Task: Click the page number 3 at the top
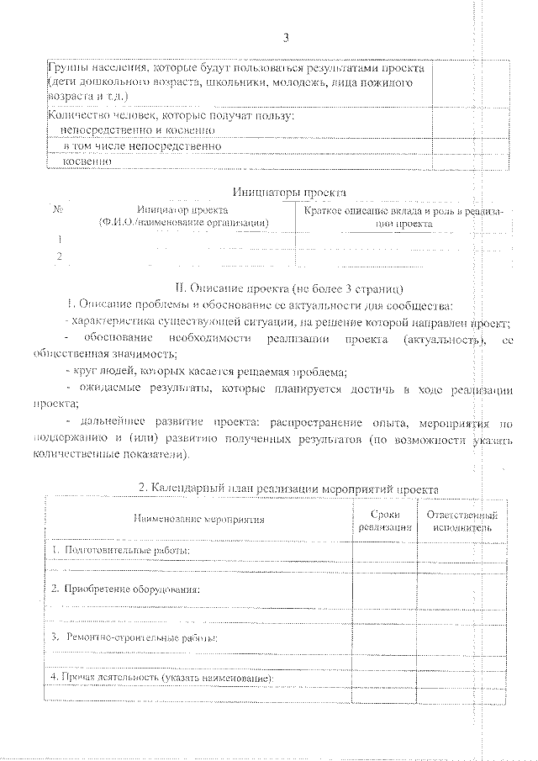[287, 38]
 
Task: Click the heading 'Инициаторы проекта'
[288, 193]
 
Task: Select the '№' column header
[59, 210]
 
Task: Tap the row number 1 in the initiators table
[59, 239]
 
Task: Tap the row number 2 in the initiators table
[59, 256]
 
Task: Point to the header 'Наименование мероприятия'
[198, 520]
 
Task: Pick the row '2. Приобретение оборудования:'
[125, 589]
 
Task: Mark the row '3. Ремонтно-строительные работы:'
[134, 638]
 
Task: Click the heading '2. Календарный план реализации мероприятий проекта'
[288, 489]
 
